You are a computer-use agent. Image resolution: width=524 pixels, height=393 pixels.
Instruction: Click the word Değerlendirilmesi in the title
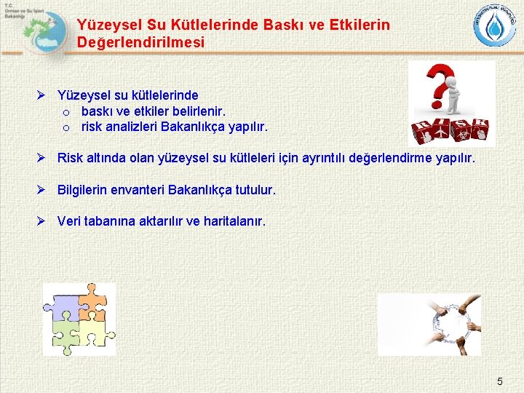(140, 43)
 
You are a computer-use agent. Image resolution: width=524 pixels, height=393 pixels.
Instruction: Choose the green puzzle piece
(64, 335)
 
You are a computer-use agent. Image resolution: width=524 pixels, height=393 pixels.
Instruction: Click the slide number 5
(499, 381)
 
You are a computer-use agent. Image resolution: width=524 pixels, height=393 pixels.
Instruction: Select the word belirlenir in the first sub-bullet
(199, 111)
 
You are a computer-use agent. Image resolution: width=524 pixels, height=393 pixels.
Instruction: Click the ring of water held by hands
(450, 324)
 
